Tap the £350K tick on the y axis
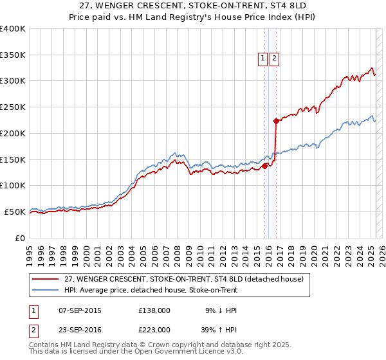(x=13, y=55)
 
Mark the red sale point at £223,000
(x=276, y=121)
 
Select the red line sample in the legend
(x=46, y=279)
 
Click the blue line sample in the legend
(x=46, y=290)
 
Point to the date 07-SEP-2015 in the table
(x=80, y=310)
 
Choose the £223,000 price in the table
(x=154, y=330)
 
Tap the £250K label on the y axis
(x=13, y=107)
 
